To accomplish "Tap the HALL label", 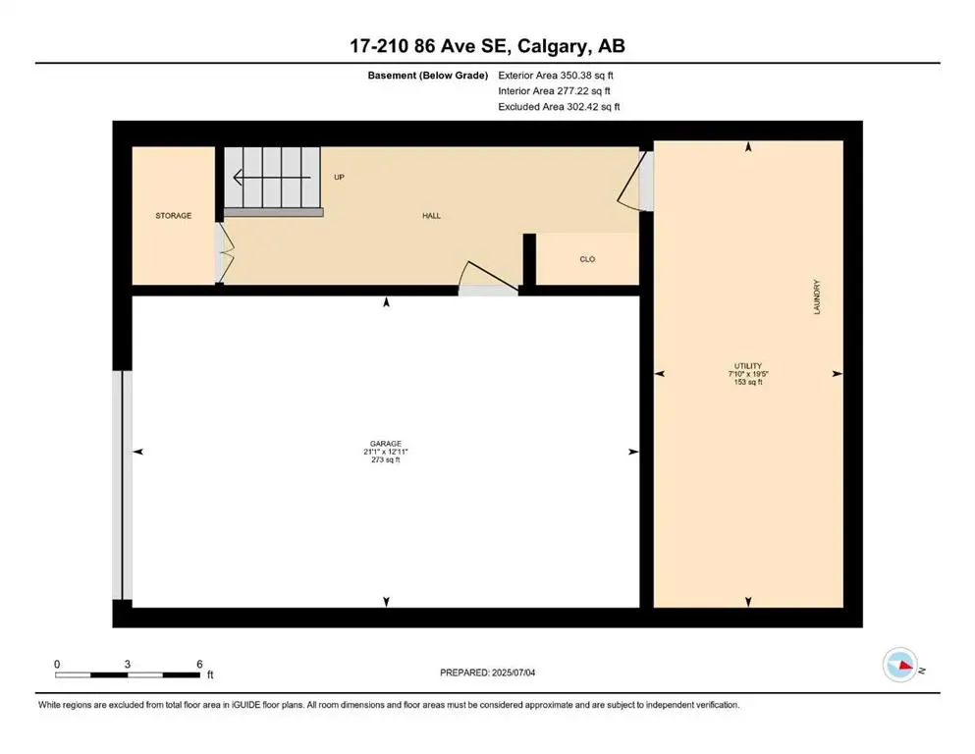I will (431, 215).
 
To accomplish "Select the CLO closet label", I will (587, 259).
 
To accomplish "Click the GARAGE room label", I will (387, 443).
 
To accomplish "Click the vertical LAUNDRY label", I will (817, 297).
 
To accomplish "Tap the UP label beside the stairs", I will (340, 178).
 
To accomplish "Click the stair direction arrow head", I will (238, 178).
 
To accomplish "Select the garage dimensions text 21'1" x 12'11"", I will (386, 452).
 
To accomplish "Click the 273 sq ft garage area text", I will (386, 460).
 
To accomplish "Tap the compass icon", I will (899, 666).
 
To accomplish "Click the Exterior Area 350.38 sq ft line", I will (557, 75).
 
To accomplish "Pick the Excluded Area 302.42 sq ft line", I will (559, 106).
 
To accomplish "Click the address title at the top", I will (487, 45).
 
